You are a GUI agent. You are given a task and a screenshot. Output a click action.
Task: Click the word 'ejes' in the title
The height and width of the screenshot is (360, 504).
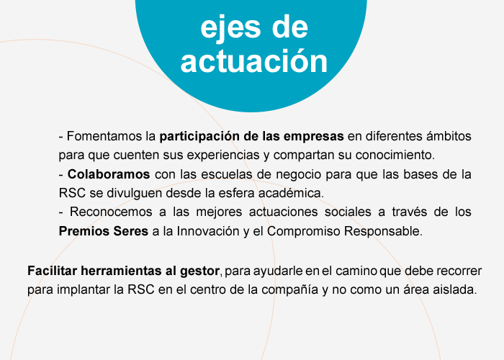tap(230, 29)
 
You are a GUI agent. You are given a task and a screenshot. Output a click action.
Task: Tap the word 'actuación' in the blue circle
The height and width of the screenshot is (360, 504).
tap(254, 61)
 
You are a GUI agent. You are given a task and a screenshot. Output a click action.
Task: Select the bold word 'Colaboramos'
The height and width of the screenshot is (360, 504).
tap(109, 174)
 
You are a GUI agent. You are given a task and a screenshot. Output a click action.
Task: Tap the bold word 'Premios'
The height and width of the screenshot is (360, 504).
tap(81, 231)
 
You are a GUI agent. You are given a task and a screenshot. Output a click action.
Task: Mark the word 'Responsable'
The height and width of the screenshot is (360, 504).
tap(382, 231)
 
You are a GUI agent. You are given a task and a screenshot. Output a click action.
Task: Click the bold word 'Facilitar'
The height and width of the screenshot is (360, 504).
tap(52, 271)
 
